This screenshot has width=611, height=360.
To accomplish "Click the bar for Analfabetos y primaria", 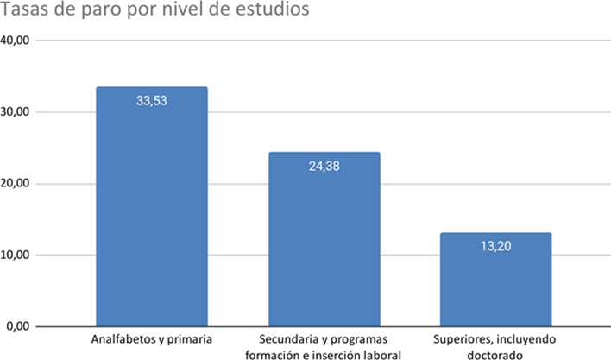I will [152, 207].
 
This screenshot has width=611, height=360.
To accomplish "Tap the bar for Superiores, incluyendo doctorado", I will [496, 280].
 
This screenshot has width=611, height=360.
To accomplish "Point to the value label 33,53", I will [152, 100].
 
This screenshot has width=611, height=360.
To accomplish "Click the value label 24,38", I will [324, 166].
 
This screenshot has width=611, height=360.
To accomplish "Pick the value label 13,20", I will [496, 246].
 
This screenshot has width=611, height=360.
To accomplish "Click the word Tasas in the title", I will [26, 12].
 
